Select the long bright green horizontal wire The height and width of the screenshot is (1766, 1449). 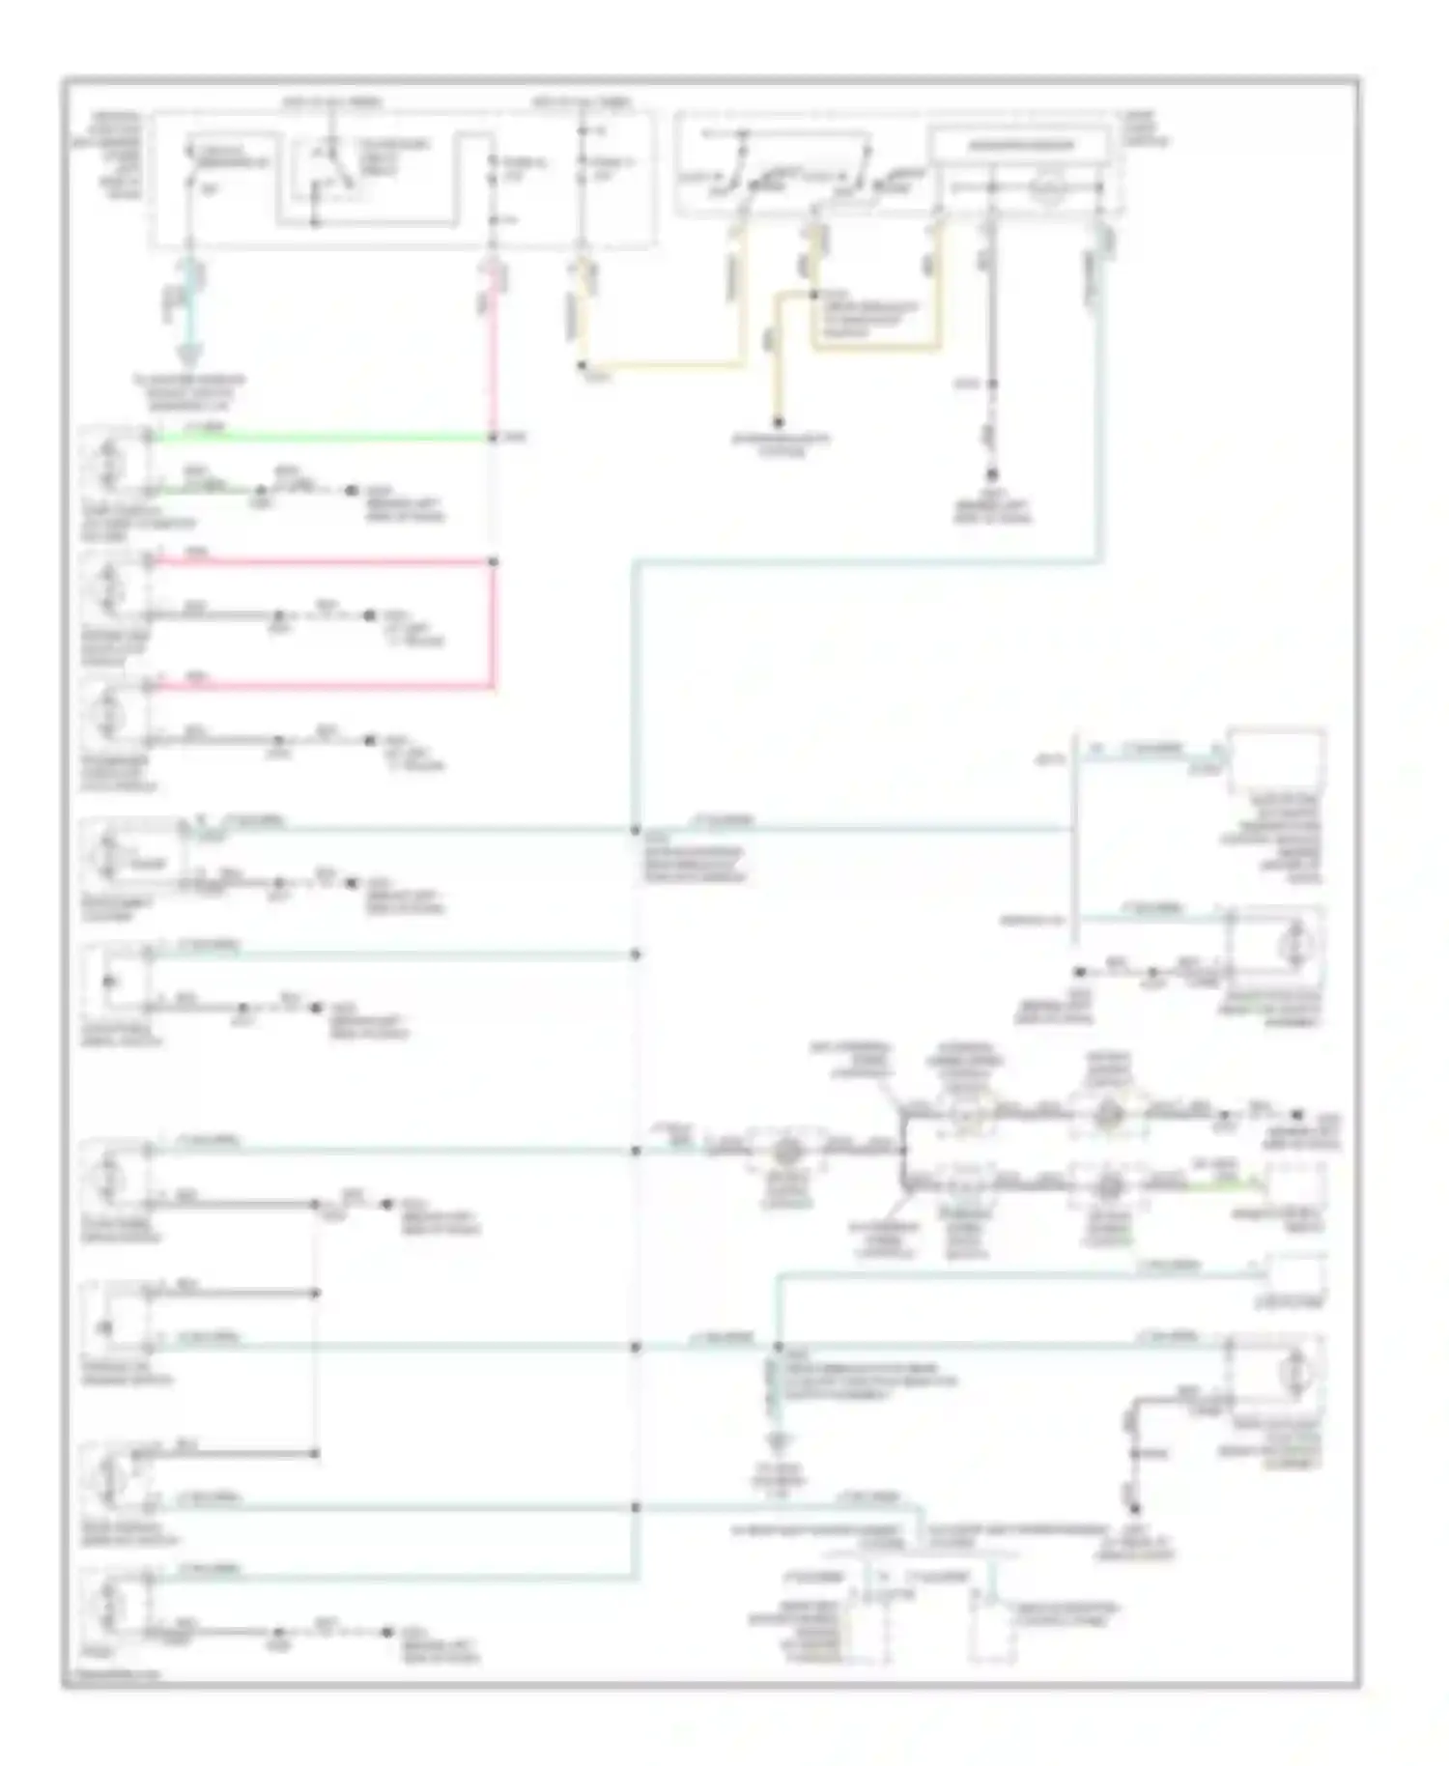click(319, 438)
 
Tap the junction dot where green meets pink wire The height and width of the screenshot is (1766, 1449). click(493, 438)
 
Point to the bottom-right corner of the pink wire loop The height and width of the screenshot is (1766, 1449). click(493, 687)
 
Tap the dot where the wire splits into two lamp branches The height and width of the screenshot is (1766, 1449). click(903, 1150)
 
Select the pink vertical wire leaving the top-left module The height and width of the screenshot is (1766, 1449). click(493, 348)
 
